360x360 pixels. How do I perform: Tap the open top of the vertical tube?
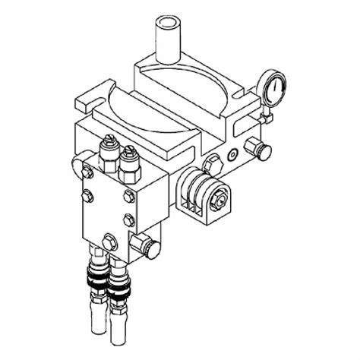point(169,22)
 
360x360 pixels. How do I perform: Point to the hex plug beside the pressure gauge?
point(261,148)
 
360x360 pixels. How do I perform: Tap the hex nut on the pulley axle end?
point(220,198)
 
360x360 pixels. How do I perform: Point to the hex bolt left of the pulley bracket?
point(213,162)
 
